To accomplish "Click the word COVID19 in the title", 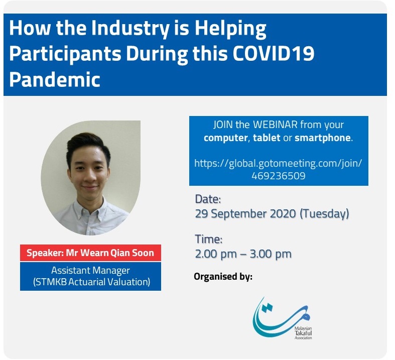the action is (274, 53).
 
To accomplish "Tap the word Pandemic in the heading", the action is (55, 79).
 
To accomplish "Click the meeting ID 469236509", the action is (279, 176).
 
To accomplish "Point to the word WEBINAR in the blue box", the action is (275, 125).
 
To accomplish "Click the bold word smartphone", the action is (322, 138).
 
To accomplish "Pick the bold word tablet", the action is (267, 138).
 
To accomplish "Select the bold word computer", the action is (226, 138).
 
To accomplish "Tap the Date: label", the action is (208, 199).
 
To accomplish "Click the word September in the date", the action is (238, 214).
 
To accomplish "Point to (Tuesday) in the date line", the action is (324, 213).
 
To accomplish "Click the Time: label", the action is (209, 239).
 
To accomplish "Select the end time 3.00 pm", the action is (271, 254).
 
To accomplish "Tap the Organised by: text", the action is (223, 277).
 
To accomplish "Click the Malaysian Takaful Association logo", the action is (283, 318).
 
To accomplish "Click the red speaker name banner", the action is (90, 253).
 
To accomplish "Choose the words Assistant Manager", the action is (90, 270).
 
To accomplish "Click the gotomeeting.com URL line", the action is (278, 164).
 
